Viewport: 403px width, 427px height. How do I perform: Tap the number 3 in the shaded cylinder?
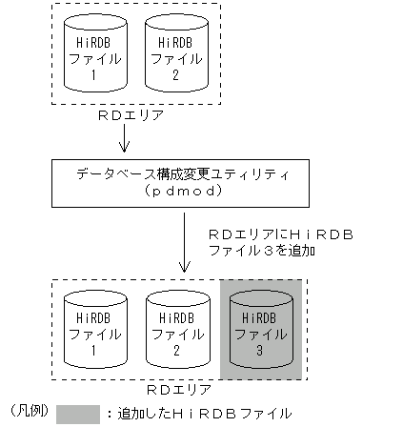260,350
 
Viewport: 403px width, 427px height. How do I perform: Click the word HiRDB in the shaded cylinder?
260,315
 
